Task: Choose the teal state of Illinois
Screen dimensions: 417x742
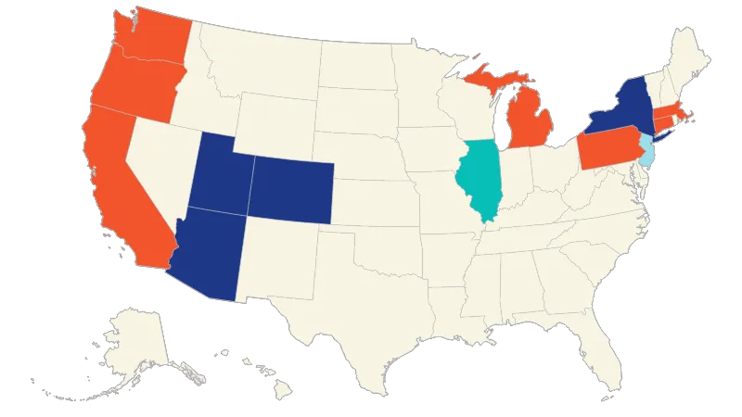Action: coord(481,181)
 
